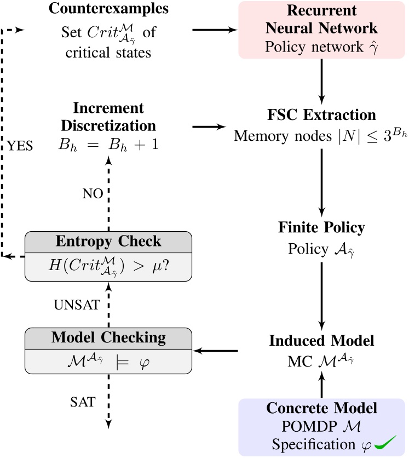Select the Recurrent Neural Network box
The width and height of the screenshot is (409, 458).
click(321, 29)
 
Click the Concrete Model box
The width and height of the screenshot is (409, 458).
click(321, 426)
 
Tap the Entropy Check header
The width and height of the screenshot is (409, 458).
click(108, 242)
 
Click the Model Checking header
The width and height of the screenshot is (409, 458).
click(108, 337)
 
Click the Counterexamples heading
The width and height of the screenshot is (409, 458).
click(109, 9)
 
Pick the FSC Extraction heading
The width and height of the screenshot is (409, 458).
click(321, 115)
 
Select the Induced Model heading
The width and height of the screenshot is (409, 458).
click(321, 340)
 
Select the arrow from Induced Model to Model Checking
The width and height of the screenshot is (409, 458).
click(216, 350)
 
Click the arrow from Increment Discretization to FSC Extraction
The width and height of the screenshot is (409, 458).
click(210, 127)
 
